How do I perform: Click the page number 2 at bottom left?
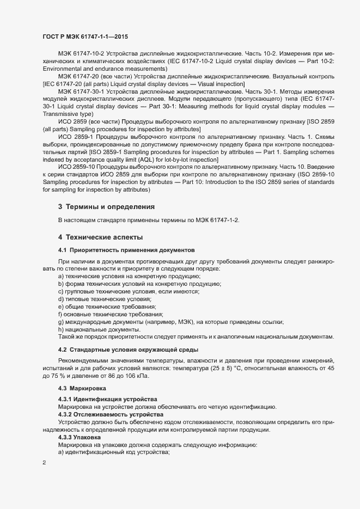click(44, 462)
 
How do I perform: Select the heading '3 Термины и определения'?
click(106, 207)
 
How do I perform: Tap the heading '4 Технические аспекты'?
click(101, 237)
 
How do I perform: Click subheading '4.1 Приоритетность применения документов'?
click(126, 250)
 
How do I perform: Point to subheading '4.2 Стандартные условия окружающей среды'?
click(128, 349)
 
